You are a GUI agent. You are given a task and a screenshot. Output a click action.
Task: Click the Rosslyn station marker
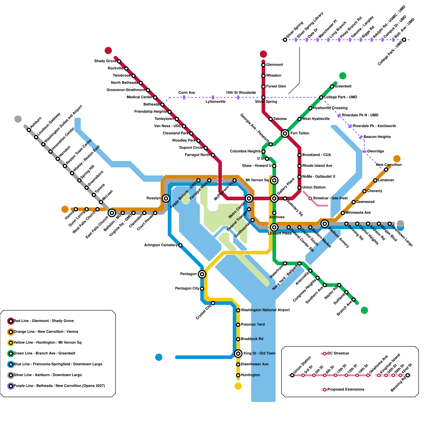point(166,198)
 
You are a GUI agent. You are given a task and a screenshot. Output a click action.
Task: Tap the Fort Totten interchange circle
point(285,133)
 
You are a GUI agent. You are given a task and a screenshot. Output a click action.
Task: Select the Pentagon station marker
point(202,274)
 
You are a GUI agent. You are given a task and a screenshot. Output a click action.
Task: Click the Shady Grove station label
point(105,61)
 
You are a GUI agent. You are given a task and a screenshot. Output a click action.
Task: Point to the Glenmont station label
point(274,65)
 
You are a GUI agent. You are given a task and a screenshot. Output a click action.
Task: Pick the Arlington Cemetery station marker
point(181,245)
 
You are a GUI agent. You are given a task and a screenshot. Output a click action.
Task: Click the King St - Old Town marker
point(238,353)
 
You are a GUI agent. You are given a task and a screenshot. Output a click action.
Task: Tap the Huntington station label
point(250,375)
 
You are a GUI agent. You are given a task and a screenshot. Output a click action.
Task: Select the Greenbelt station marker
point(332,87)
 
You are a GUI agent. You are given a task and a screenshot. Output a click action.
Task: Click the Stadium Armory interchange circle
point(325,224)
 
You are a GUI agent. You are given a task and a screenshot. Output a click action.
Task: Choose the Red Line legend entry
point(44,321)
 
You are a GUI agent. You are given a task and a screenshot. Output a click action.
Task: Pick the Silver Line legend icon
point(11,375)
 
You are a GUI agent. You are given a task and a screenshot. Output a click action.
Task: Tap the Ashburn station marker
point(29,130)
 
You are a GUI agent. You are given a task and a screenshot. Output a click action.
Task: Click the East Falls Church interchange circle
point(112,213)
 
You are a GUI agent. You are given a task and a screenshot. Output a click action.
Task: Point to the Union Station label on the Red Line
point(314,187)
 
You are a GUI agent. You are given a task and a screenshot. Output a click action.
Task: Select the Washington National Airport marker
point(238,310)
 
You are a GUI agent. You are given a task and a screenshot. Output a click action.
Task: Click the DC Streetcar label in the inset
point(338,353)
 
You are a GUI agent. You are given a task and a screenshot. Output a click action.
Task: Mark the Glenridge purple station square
point(365,152)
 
